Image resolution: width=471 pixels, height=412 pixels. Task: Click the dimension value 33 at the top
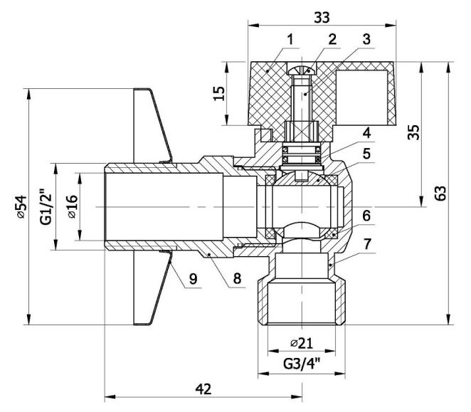click(322, 17)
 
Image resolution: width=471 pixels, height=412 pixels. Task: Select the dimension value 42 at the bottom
click(203, 389)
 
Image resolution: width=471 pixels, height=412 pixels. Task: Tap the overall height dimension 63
click(440, 193)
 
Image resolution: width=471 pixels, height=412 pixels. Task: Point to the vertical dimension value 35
click(413, 132)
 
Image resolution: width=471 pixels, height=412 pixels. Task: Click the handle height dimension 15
click(219, 93)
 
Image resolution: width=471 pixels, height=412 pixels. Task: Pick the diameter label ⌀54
click(21, 206)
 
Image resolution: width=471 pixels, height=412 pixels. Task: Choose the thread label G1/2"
click(46, 206)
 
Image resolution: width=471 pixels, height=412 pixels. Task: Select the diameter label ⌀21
click(301, 343)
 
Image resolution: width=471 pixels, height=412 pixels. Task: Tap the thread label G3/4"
click(301, 364)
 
